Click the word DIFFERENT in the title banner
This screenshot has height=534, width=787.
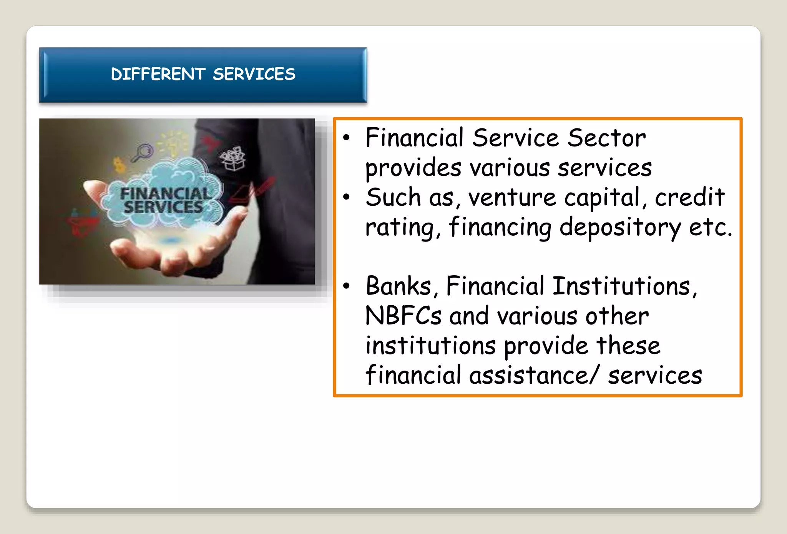158,74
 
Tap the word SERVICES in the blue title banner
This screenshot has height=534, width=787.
254,74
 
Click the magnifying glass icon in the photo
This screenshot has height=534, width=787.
143,152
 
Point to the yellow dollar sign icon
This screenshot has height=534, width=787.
120,165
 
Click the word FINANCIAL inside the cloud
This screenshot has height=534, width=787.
166,193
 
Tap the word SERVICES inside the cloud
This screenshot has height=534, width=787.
163,208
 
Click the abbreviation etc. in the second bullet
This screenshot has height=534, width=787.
710,227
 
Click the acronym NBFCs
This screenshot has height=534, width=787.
403,316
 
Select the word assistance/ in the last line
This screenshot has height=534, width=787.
534,376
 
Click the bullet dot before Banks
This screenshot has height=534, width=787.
347,286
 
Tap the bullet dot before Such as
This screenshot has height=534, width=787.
347,197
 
